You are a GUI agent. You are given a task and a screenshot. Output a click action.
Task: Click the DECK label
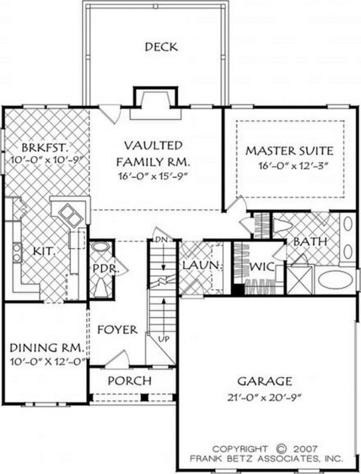click(x=161, y=47)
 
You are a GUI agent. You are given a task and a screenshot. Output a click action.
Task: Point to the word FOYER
click(x=117, y=330)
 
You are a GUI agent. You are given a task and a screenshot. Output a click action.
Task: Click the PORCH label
click(x=129, y=380)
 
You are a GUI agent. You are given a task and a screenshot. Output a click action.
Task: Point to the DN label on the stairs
click(x=161, y=239)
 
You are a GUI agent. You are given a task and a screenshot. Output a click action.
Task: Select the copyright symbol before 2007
click(x=281, y=449)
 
